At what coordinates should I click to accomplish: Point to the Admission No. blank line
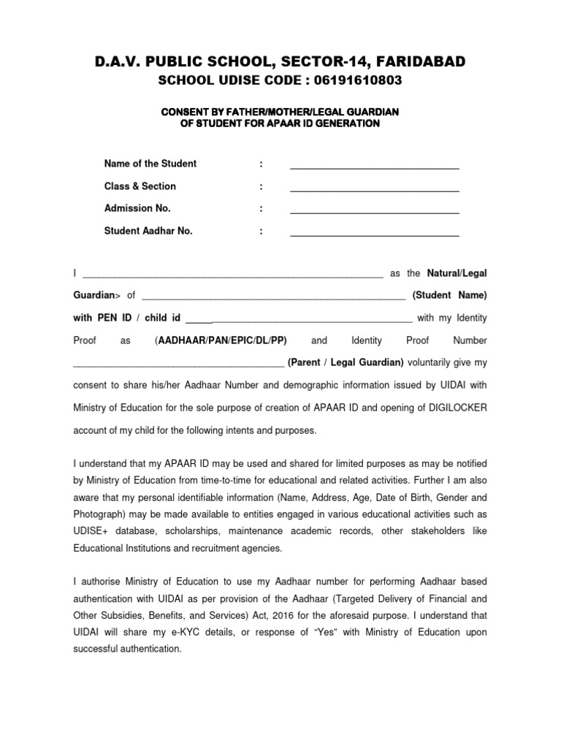click(374, 212)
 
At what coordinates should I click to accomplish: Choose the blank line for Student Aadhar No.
click(374, 234)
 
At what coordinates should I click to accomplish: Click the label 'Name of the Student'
click(150, 164)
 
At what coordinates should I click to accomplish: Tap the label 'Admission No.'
click(137, 208)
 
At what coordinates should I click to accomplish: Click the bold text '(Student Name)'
click(449, 296)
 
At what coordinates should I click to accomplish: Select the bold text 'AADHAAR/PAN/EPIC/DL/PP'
click(222, 341)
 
